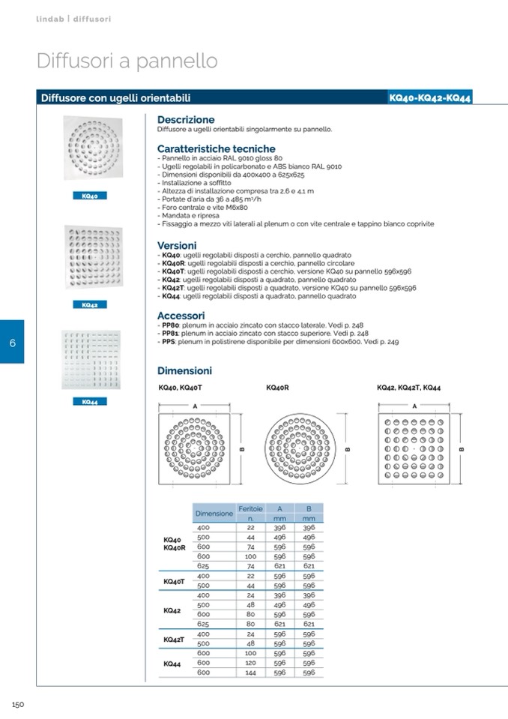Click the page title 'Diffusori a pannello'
click(x=127, y=61)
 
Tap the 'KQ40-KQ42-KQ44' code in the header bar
click(x=430, y=98)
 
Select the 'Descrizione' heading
click(x=186, y=119)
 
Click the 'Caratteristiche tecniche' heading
click(x=216, y=149)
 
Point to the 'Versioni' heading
click(x=177, y=245)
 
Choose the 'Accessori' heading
click(x=181, y=316)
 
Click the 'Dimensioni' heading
click(x=184, y=370)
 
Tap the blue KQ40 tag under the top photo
click(x=90, y=196)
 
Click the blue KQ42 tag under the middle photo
click(x=90, y=305)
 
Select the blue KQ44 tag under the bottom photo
click(x=90, y=402)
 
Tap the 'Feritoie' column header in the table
click(x=250, y=508)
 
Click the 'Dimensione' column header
click(x=214, y=514)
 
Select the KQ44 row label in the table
click(x=172, y=664)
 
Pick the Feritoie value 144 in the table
click(x=250, y=673)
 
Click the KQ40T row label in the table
click(x=173, y=581)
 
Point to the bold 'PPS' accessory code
click(x=168, y=342)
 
